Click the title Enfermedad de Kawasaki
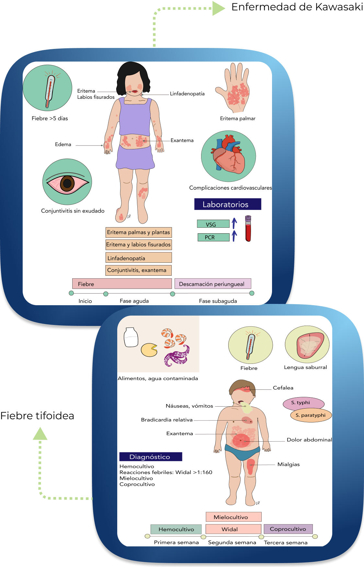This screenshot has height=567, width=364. click(297, 7)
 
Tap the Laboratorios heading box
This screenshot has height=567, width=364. click(227, 204)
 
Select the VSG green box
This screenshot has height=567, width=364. click(213, 224)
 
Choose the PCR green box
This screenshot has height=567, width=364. click(213, 237)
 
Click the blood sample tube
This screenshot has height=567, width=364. click(248, 229)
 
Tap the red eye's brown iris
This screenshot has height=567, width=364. click(67, 183)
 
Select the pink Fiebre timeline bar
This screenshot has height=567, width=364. click(122, 284)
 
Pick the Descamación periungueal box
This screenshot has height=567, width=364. click(212, 284)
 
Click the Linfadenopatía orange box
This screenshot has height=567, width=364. click(139, 258)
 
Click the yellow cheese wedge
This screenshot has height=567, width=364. click(149, 350)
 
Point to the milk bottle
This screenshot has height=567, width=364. click(131, 337)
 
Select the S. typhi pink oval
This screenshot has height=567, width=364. click(303, 403)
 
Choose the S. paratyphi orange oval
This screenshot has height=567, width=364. click(311, 415)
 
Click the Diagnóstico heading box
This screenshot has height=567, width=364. click(151, 457)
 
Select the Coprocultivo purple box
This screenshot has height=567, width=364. click(288, 529)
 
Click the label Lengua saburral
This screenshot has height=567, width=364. click(305, 367)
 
